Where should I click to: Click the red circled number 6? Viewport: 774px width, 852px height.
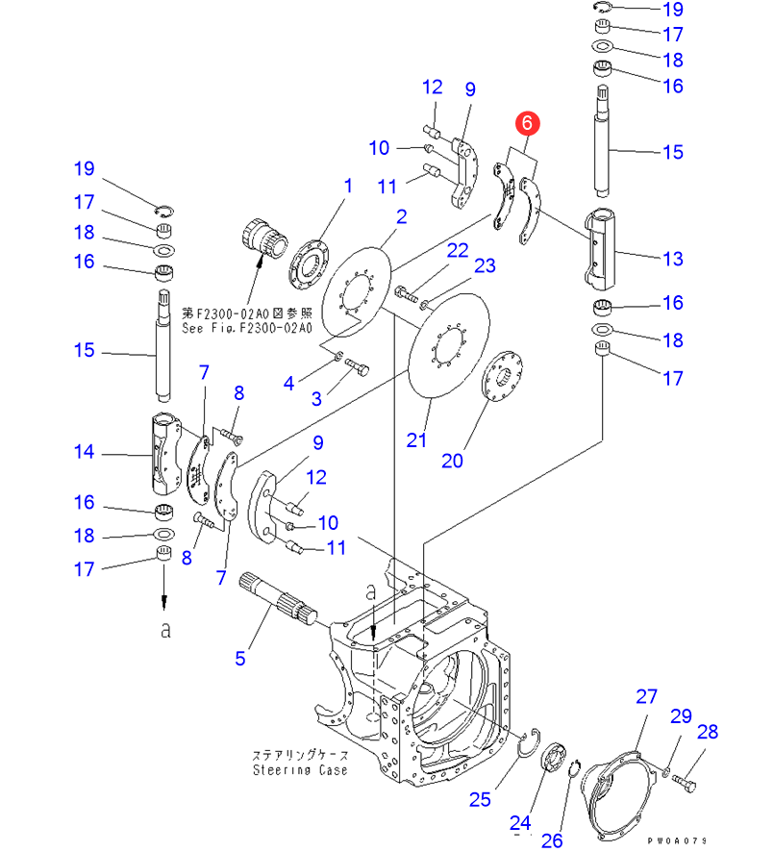coord(528,123)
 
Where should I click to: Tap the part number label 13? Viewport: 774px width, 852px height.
coord(671,259)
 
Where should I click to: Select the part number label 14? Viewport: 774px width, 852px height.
coord(85,451)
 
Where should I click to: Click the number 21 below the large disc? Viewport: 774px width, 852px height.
coord(415,440)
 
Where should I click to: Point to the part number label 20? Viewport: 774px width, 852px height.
coord(452,461)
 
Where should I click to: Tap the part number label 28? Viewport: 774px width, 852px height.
coord(707,733)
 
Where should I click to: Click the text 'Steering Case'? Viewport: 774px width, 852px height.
coord(300,770)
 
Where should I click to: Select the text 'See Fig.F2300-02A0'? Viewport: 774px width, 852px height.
coord(247,328)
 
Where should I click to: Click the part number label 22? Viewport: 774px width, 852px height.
coord(457,250)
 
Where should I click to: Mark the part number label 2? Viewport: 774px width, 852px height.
coord(401,216)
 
